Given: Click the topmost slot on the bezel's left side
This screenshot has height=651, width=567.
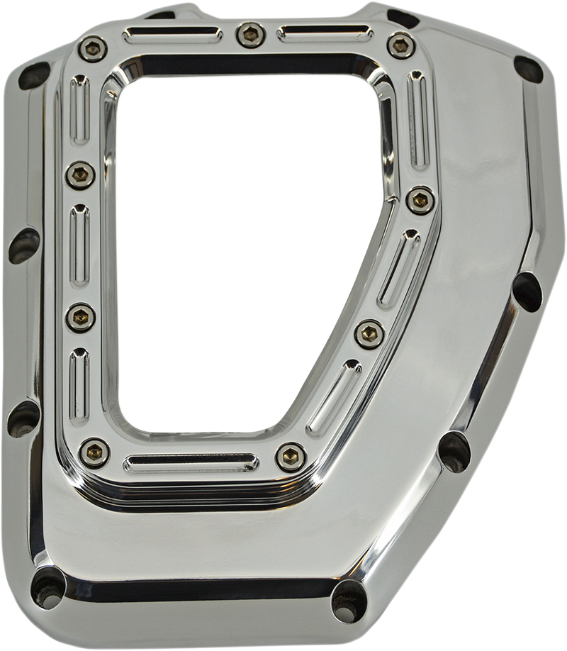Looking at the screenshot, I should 77,108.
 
